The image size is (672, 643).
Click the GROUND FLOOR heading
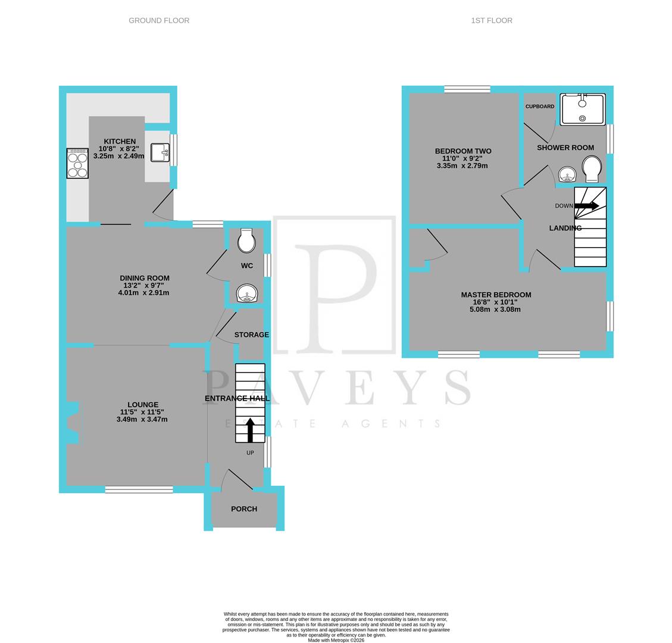(x=159, y=20)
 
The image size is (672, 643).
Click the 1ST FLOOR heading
(x=491, y=20)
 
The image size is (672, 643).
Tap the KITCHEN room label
(x=119, y=142)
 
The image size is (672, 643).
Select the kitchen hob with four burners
(x=77, y=163)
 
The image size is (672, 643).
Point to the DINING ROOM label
(x=144, y=278)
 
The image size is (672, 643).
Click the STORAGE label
(x=251, y=335)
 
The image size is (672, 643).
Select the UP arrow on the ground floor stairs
(x=250, y=430)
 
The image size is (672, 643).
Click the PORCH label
(x=244, y=509)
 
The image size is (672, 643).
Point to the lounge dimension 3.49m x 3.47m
(x=142, y=419)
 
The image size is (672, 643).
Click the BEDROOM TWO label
(x=463, y=151)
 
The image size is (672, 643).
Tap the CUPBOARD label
(x=539, y=107)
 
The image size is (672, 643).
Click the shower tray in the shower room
(x=582, y=109)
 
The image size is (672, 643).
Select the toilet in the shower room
(x=592, y=168)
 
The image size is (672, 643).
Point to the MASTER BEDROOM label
(x=496, y=295)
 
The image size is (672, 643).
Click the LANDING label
(x=565, y=228)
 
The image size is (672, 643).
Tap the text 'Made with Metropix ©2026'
(x=336, y=640)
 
